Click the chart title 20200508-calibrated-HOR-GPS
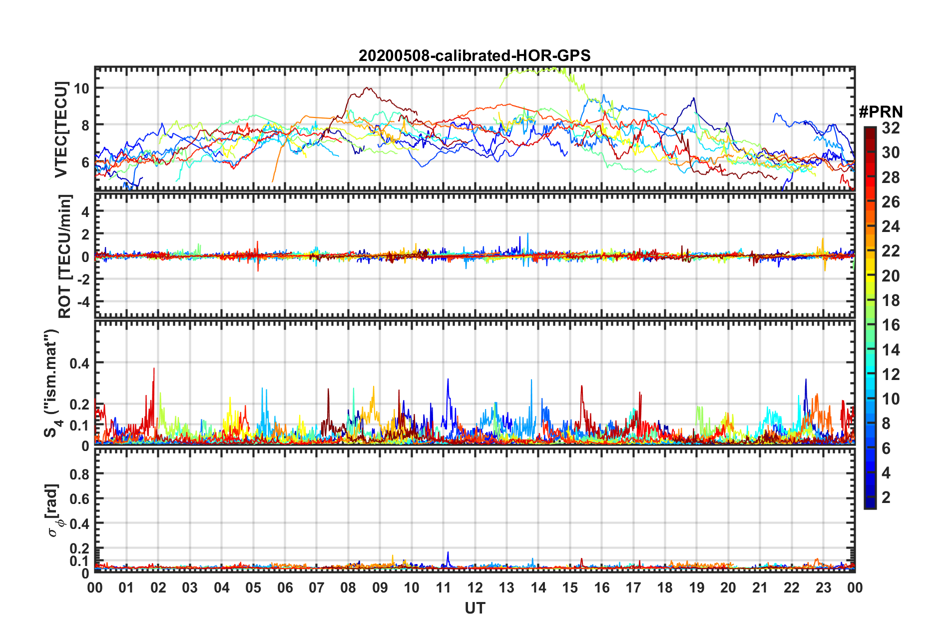[x=475, y=55]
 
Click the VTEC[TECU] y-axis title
[x=61, y=129]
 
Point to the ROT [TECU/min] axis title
[x=65, y=256]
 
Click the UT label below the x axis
[x=475, y=608]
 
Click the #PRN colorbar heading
[x=881, y=112]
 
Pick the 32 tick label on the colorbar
[x=891, y=128]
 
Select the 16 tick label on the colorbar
[x=891, y=325]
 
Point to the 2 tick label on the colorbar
[x=886, y=497]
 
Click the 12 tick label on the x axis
[x=475, y=587]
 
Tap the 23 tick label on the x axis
[x=823, y=587]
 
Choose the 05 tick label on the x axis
[x=253, y=587]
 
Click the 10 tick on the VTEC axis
[x=81, y=88]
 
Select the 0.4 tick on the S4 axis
[x=79, y=363]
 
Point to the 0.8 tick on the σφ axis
[x=79, y=474]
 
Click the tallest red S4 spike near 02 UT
[x=154, y=369]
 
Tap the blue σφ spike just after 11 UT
[x=448, y=552]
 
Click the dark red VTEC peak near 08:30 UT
[x=368, y=88]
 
